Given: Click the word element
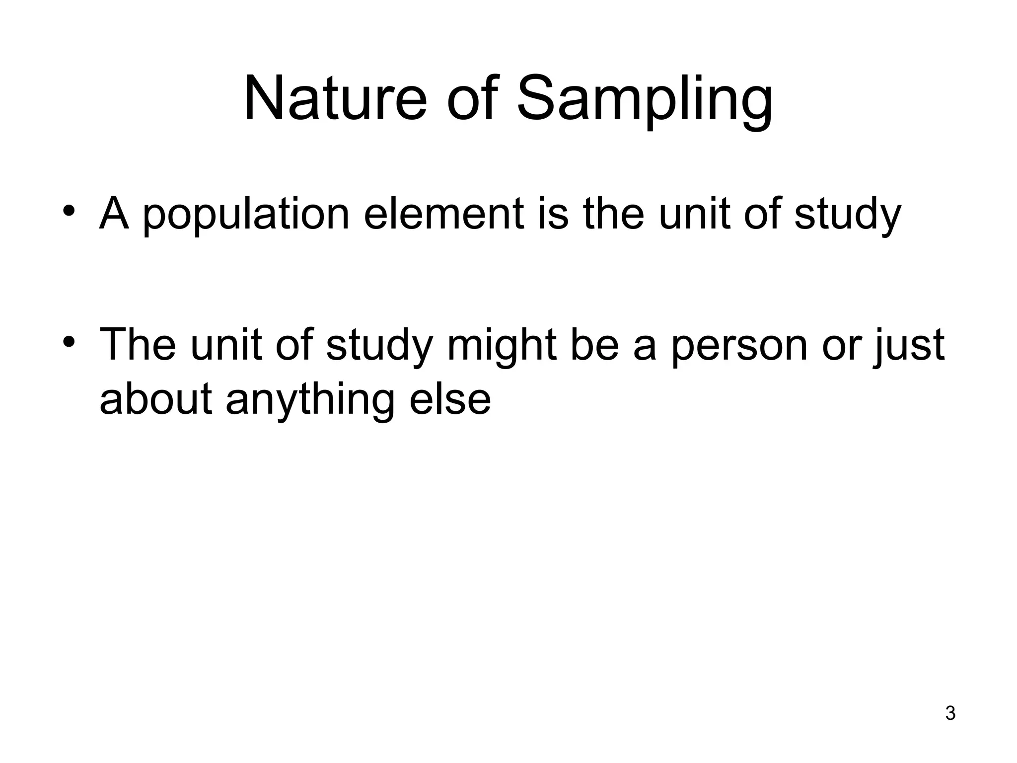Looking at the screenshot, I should pos(443,215).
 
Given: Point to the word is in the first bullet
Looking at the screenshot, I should pos(553,215).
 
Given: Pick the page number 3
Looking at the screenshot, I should pos(950,713).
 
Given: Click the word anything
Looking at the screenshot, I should pos(310,400).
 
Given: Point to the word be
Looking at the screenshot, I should pos(594,346).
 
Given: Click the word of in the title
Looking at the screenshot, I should pos(472,98).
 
